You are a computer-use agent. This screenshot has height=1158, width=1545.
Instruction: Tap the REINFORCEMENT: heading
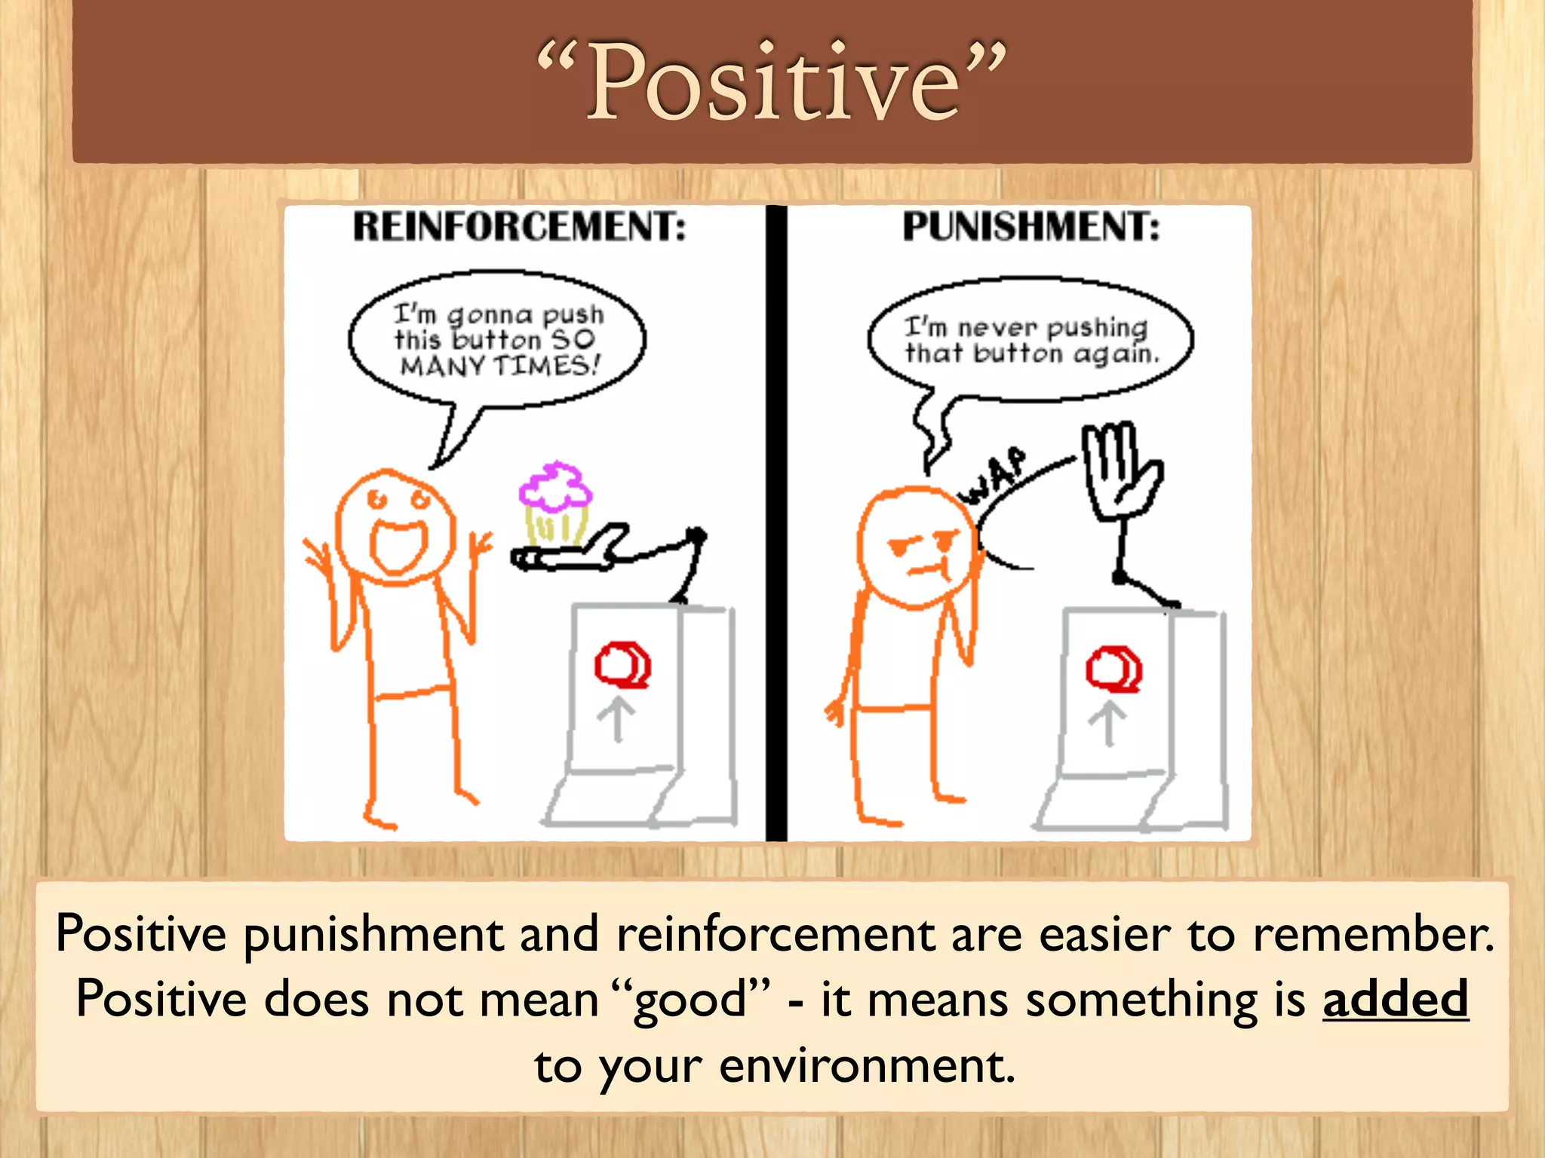click(520, 226)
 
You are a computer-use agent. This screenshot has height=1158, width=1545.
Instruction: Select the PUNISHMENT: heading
click(1031, 226)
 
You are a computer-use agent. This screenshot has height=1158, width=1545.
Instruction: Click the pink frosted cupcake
click(556, 501)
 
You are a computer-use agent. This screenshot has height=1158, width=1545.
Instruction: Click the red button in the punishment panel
click(1113, 669)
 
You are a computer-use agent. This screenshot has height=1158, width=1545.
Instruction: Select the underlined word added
click(1395, 999)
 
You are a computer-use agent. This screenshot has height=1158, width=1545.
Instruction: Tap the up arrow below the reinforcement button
click(616, 721)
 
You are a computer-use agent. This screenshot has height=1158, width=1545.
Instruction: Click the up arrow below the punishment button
click(1107, 723)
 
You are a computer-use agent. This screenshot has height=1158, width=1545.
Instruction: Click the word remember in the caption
click(1372, 934)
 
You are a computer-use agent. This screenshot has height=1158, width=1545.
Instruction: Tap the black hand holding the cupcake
click(573, 555)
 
